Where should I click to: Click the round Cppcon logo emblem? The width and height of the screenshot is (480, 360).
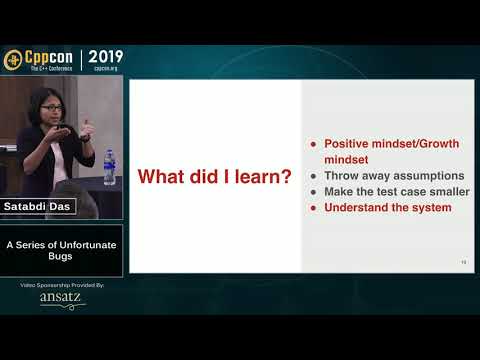coord(13,58)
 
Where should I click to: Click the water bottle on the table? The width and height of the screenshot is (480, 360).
coord(110,166)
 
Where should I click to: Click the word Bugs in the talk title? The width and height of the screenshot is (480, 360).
coord(61,256)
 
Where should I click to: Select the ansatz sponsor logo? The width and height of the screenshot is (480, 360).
coord(61,298)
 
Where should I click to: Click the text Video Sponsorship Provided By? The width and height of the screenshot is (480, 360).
coord(61,285)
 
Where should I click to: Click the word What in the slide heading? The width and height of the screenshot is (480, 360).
coord(160,178)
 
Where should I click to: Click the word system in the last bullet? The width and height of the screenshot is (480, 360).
coord(430,208)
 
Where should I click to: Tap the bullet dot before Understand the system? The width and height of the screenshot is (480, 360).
coord(314,208)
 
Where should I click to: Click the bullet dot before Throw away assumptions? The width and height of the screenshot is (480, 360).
coord(314,176)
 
